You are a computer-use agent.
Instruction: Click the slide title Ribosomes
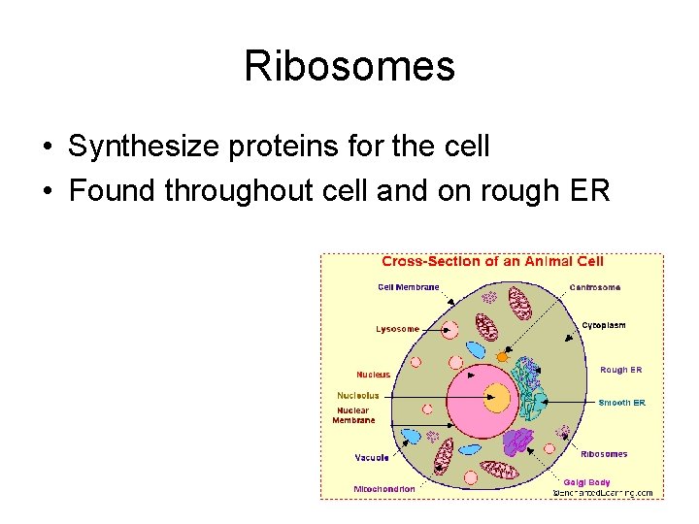[349, 66]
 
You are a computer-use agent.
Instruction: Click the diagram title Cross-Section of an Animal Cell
[492, 261]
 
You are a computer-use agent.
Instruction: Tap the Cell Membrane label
[408, 287]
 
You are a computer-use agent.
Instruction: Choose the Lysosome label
[397, 329]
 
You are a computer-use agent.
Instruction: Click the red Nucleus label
[373, 375]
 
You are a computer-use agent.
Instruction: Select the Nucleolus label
[357, 396]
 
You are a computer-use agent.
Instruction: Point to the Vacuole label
[372, 457]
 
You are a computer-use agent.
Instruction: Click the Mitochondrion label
[383, 489]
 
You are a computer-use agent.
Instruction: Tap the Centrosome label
[594, 287]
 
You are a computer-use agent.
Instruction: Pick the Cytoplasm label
[603, 325]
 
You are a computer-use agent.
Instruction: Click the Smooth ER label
[621, 403]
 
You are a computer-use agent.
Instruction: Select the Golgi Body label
[587, 481]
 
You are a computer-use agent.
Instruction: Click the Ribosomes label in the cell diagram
[604, 454]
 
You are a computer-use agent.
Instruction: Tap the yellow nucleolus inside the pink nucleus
[497, 397]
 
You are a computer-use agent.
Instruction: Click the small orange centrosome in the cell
[502, 357]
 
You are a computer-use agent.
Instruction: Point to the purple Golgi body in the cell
[520, 442]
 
